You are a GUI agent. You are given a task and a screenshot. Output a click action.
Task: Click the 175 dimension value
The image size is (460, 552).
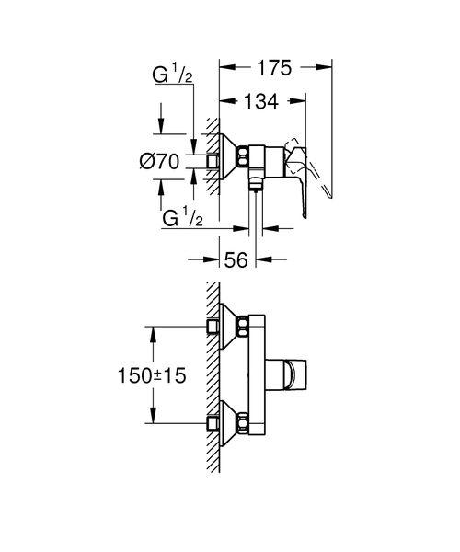pos(274,67)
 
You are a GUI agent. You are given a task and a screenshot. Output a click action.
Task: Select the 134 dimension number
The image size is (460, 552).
pos(261,101)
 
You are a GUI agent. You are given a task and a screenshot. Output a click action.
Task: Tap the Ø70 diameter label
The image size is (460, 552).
pos(159,162)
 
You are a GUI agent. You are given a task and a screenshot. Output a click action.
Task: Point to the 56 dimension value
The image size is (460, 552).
pos(236,260)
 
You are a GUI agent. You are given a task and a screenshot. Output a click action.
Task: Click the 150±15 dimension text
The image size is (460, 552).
pos(152,375)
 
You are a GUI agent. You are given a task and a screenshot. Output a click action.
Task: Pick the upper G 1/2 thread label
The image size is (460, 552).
pos(172,75)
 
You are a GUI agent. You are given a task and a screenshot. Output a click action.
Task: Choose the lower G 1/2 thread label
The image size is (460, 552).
pos(182,217)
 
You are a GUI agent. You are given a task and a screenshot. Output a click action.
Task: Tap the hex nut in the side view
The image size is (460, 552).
pos(243,155)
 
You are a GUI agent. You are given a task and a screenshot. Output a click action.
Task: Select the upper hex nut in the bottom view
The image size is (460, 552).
pos(243,327)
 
